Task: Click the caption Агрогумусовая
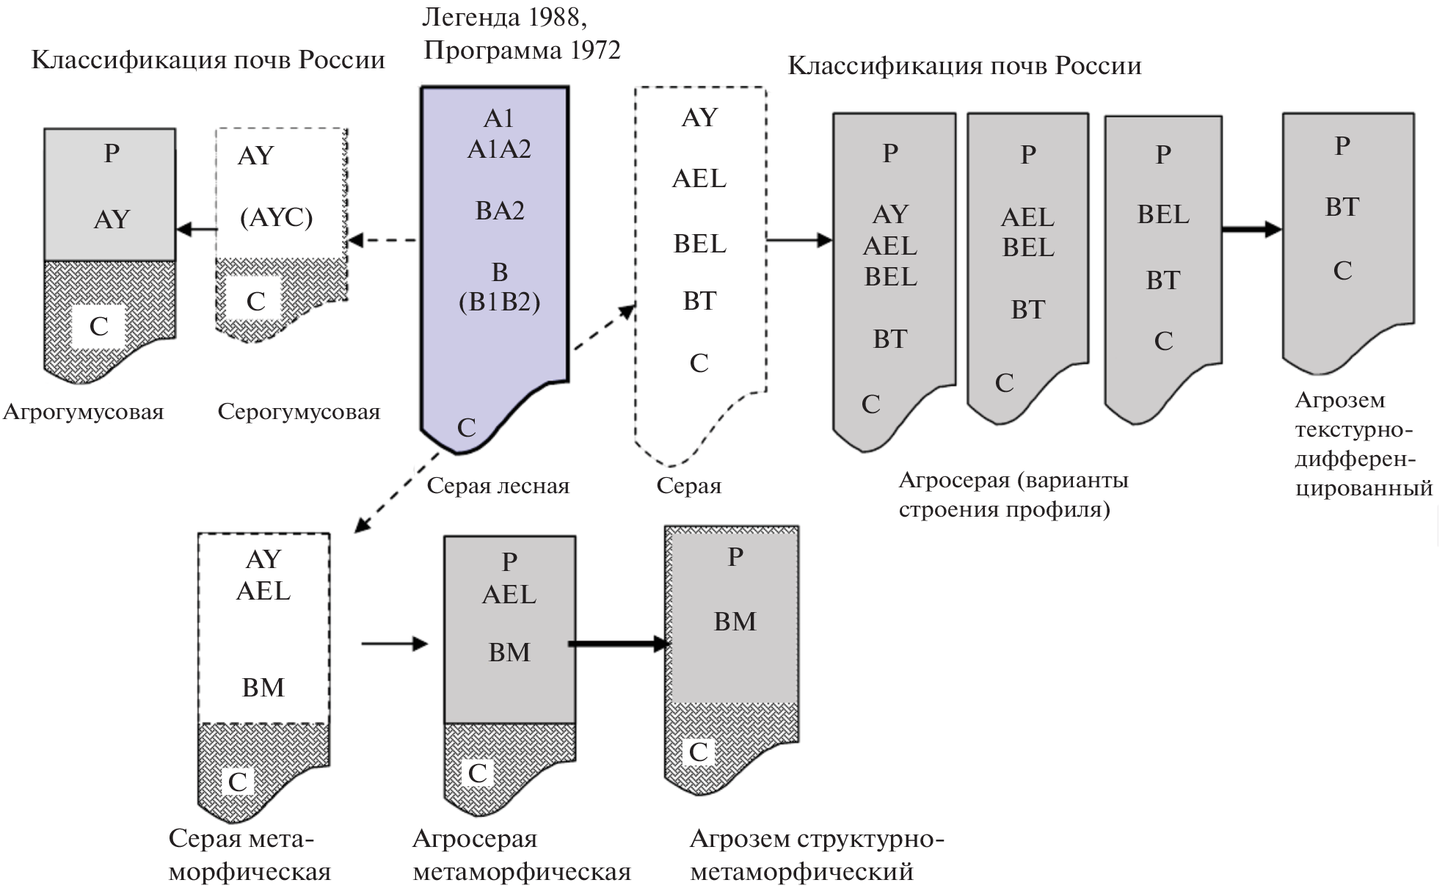(x=83, y=412)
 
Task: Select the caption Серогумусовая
(x=299, y=412)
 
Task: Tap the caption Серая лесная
(x=498, y=486)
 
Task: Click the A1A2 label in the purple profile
(x=499, y=149)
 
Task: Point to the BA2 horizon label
(x=499, y=211)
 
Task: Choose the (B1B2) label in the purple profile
(x=499, y=302)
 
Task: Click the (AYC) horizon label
(x=276, y=218)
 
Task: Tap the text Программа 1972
(x=522, y=50)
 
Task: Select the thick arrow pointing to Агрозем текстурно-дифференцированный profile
(x=1251, y=230)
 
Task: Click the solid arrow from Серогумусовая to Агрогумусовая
(x=196, y=230)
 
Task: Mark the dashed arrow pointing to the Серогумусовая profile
(x=382, y=240)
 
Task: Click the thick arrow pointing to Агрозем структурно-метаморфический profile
(x=619, y=644)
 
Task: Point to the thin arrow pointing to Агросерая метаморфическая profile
(x=394, y=644)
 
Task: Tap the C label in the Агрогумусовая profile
(x=98, y=326)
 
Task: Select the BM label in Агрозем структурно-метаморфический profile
(x=735, y=622)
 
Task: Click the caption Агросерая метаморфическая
(x=521, y=855)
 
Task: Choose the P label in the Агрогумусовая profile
(x=112, y=153)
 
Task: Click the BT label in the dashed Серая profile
(x=699, y=301)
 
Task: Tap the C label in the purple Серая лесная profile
(x=467, y=427)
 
